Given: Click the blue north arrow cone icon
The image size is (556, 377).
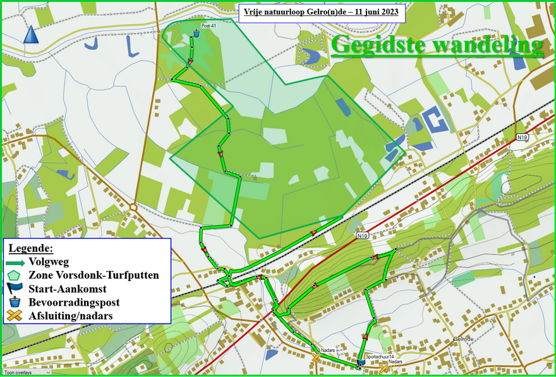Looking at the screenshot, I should pos(31,35).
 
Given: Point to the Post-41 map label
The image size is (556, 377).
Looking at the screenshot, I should pos(208,26).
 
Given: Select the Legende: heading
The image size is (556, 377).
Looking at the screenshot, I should pos(30,248).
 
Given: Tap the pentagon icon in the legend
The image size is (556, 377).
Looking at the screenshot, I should pos(15,275).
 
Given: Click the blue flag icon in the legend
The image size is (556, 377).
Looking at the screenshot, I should pos(15,289).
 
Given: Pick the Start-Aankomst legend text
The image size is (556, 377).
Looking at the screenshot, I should pos(67,289).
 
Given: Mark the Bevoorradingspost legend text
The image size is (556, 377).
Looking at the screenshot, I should pos(75,302).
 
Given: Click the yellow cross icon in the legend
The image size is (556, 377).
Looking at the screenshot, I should pos(15,316).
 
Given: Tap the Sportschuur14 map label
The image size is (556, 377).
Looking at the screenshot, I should pos(379,357).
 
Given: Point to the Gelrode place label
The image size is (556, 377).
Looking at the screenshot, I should pos(463,338).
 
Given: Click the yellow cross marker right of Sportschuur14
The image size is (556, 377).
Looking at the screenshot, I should pos(384,367).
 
